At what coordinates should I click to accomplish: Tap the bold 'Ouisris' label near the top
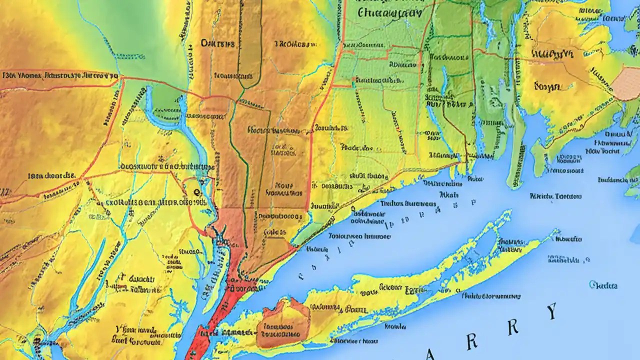tap(217, 43)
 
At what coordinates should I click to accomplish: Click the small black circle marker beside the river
tap(195, 191)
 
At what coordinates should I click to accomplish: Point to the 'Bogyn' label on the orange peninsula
tap(546, 86)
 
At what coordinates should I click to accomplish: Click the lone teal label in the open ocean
tap(603, 285)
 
